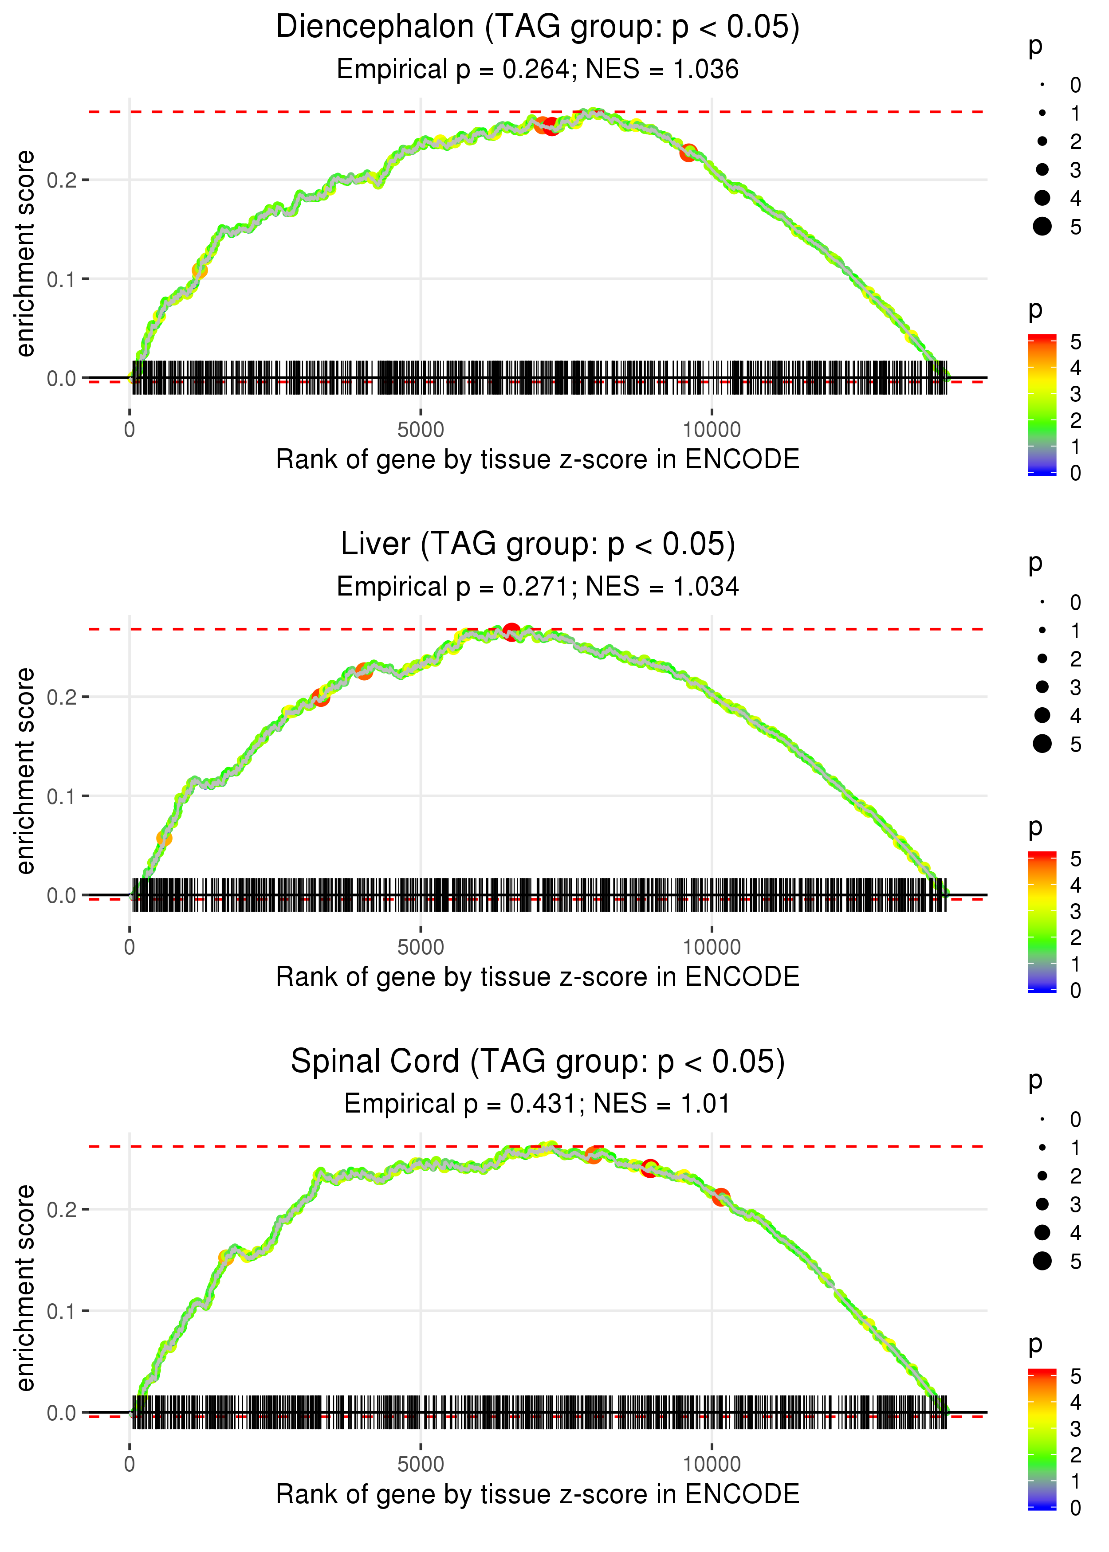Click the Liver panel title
point(538,545)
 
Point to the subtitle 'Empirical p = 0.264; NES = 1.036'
point(538,70)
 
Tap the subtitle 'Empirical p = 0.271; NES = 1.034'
point(538,587)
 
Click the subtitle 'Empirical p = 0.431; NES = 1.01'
point(538,1104)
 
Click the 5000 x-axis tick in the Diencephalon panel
point(420,430)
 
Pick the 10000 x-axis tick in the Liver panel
point(712,947)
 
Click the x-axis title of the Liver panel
point(538,977)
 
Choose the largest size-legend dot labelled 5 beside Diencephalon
point(1042,227)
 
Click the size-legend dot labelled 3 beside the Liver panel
point(1042,687)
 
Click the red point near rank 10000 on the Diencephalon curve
point(688,153)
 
